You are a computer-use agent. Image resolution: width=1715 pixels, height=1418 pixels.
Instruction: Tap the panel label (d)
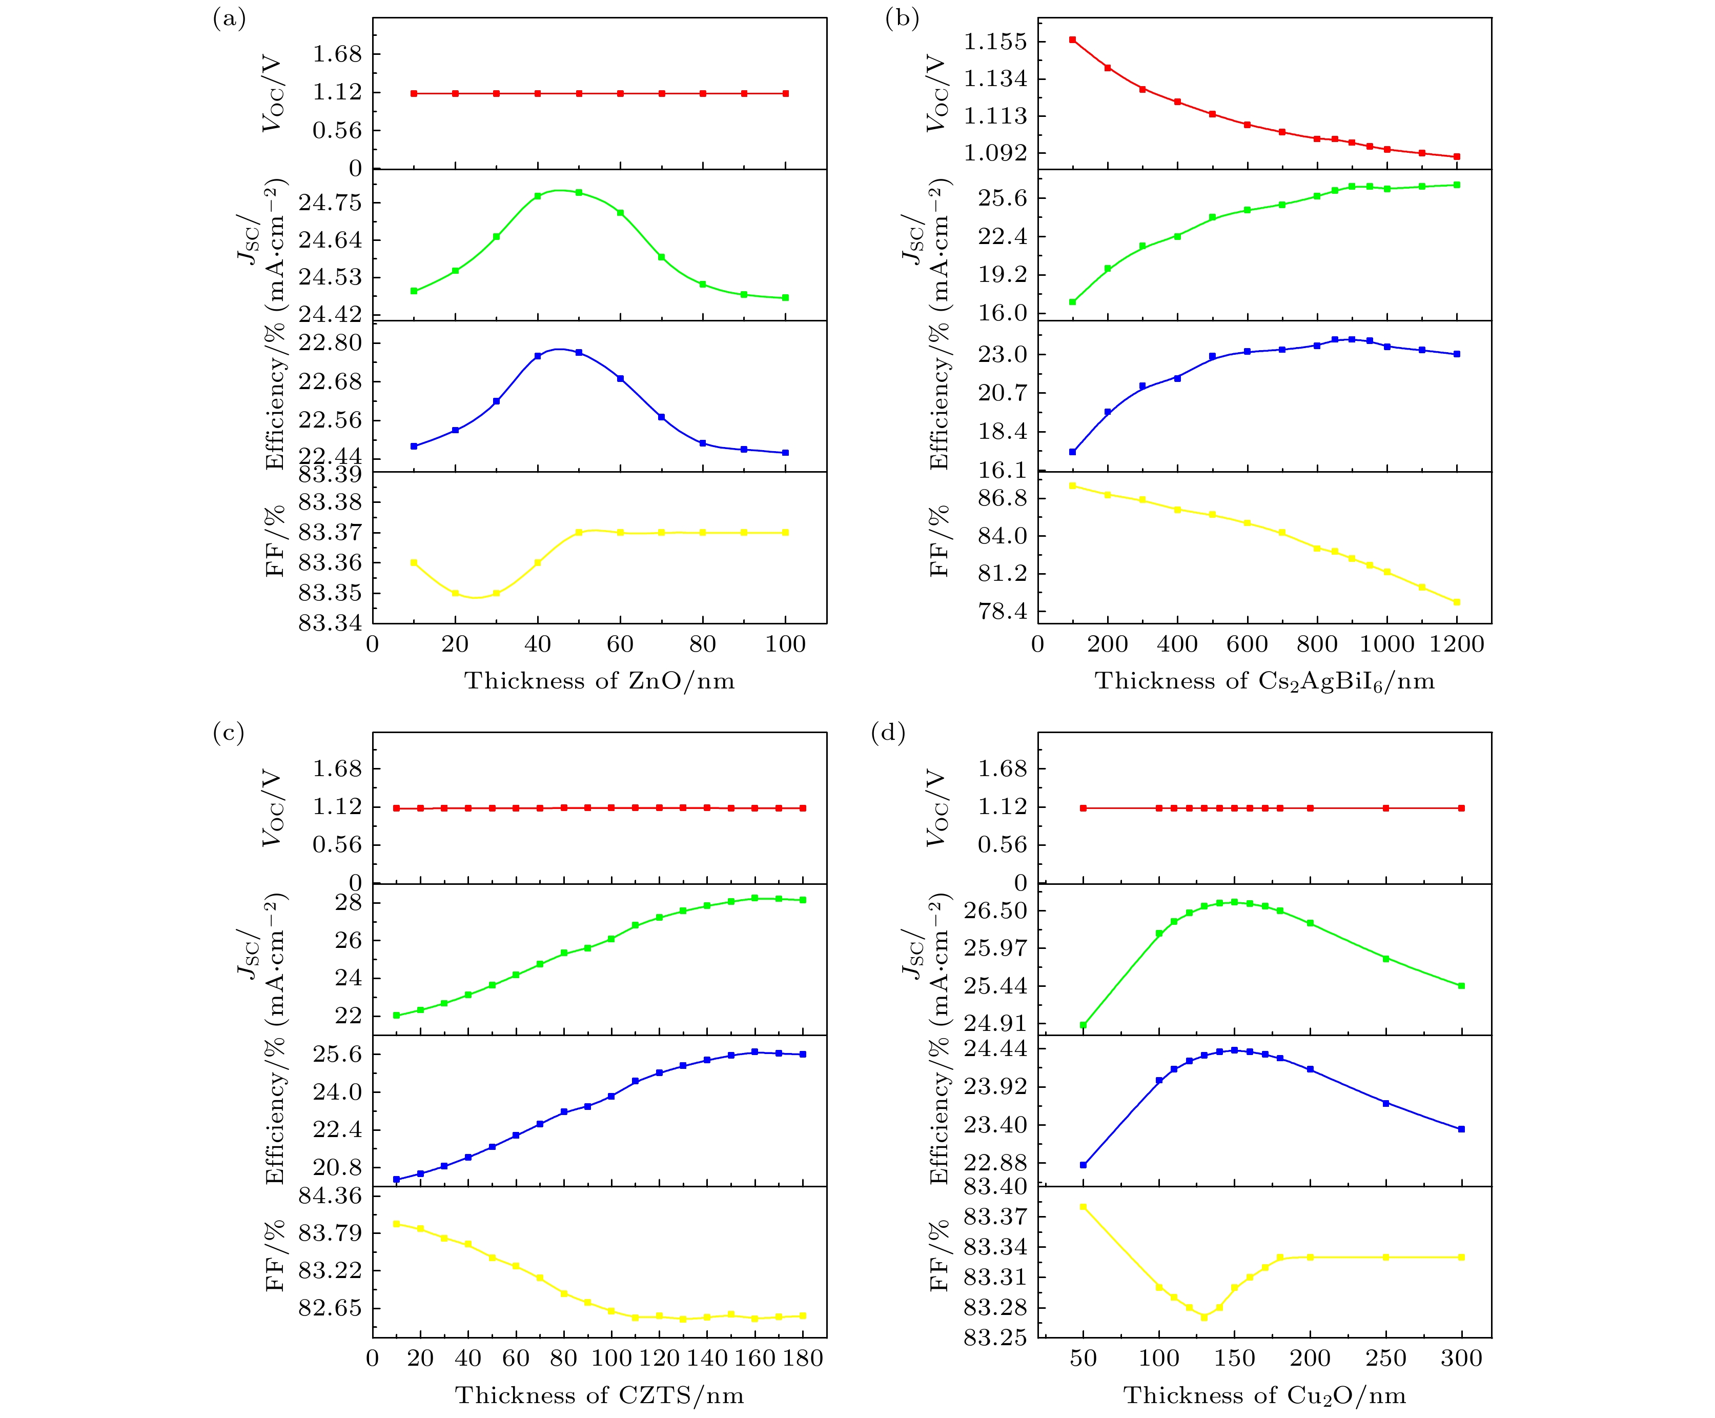point(888,733)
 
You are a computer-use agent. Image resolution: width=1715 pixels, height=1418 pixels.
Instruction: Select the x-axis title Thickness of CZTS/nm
point(600,1395)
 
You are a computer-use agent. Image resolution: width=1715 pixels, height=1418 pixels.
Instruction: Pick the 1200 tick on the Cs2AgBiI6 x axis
point(1457,644)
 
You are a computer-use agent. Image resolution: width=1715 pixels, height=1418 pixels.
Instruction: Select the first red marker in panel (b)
point(1072,39)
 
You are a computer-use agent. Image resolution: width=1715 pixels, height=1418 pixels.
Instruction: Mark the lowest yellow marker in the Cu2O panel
point(1204,1316)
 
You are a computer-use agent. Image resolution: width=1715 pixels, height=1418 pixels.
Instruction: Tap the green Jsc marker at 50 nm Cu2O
point(1083,1025)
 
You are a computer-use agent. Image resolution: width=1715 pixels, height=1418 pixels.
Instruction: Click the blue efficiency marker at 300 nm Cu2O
point(1461,1129)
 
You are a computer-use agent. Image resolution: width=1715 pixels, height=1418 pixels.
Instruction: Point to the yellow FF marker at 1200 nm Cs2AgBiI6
point(1457,602)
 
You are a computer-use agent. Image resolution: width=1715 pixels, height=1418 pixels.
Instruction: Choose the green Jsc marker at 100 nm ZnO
point(786,297)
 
